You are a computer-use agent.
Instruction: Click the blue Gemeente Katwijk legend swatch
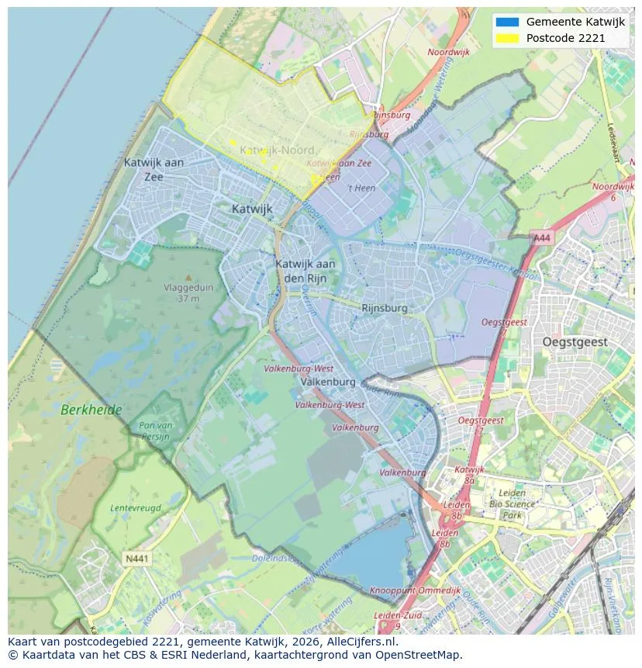507,22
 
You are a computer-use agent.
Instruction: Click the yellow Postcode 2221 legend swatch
507,38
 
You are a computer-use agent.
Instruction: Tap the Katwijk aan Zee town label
154,169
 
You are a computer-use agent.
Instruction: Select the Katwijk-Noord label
277,150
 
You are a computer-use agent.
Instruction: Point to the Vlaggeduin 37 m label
188,292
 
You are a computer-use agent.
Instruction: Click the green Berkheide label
92,410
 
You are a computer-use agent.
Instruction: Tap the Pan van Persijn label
155,431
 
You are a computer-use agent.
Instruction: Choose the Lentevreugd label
136,507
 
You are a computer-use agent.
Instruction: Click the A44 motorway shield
542,239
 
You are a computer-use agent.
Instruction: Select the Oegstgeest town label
575,342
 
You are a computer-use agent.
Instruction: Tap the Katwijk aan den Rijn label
305,270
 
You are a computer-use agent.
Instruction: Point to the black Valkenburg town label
327,382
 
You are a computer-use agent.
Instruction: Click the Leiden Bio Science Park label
512,504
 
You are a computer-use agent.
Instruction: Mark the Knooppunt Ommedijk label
416,590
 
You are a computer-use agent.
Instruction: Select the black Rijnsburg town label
384,308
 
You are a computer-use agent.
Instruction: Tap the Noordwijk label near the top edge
449,53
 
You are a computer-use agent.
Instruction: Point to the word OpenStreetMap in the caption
418,655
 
